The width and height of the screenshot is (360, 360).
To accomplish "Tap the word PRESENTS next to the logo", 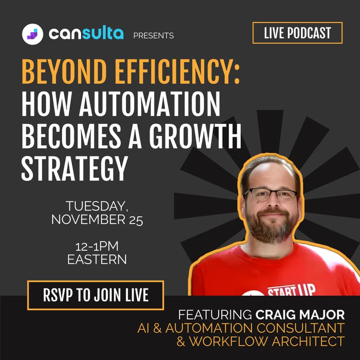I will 153,36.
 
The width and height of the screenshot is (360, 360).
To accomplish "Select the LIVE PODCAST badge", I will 297,33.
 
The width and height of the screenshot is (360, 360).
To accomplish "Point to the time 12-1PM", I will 97,247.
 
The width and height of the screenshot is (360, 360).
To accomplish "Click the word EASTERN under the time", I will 97,260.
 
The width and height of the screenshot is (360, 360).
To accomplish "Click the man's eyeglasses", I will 271,195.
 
